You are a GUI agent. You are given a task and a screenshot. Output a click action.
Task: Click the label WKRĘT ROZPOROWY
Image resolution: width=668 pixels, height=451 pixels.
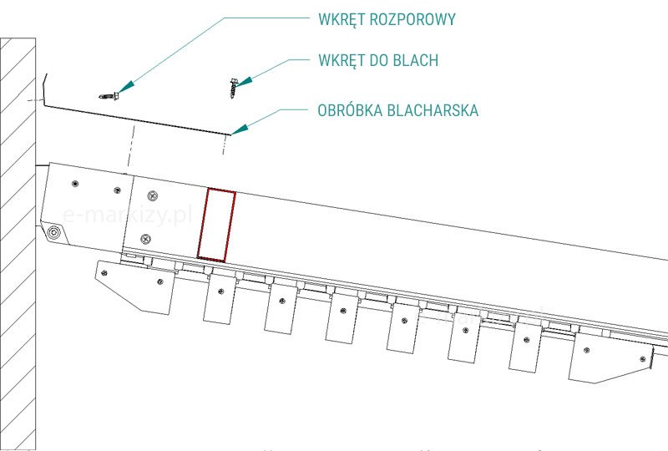pyautogui.click(x=387, y=19)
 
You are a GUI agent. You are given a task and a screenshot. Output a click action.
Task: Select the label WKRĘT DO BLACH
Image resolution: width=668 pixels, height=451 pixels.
pyautogui.click(x=378, y=60)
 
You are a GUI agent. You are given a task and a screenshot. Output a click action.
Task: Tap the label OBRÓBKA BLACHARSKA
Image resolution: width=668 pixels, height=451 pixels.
pyautogui.click(x=398, y=110)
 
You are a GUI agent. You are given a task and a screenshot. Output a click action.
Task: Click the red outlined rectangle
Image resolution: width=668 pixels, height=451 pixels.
pyautogui.click(x=215, y=225)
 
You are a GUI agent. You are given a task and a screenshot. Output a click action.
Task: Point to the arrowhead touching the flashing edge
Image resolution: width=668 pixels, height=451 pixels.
pyautogui.click(x=239, y=129)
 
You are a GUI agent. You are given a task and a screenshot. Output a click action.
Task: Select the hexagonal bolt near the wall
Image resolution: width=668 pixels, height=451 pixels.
pyautogui.click(x=54, y=232)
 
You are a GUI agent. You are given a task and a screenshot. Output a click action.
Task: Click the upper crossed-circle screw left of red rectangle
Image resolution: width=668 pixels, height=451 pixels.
pyautogui.click(x=152, y=196)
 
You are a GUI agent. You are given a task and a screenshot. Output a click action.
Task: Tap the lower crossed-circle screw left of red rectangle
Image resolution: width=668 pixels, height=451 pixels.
pyautogui.click(x=147, y=239)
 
